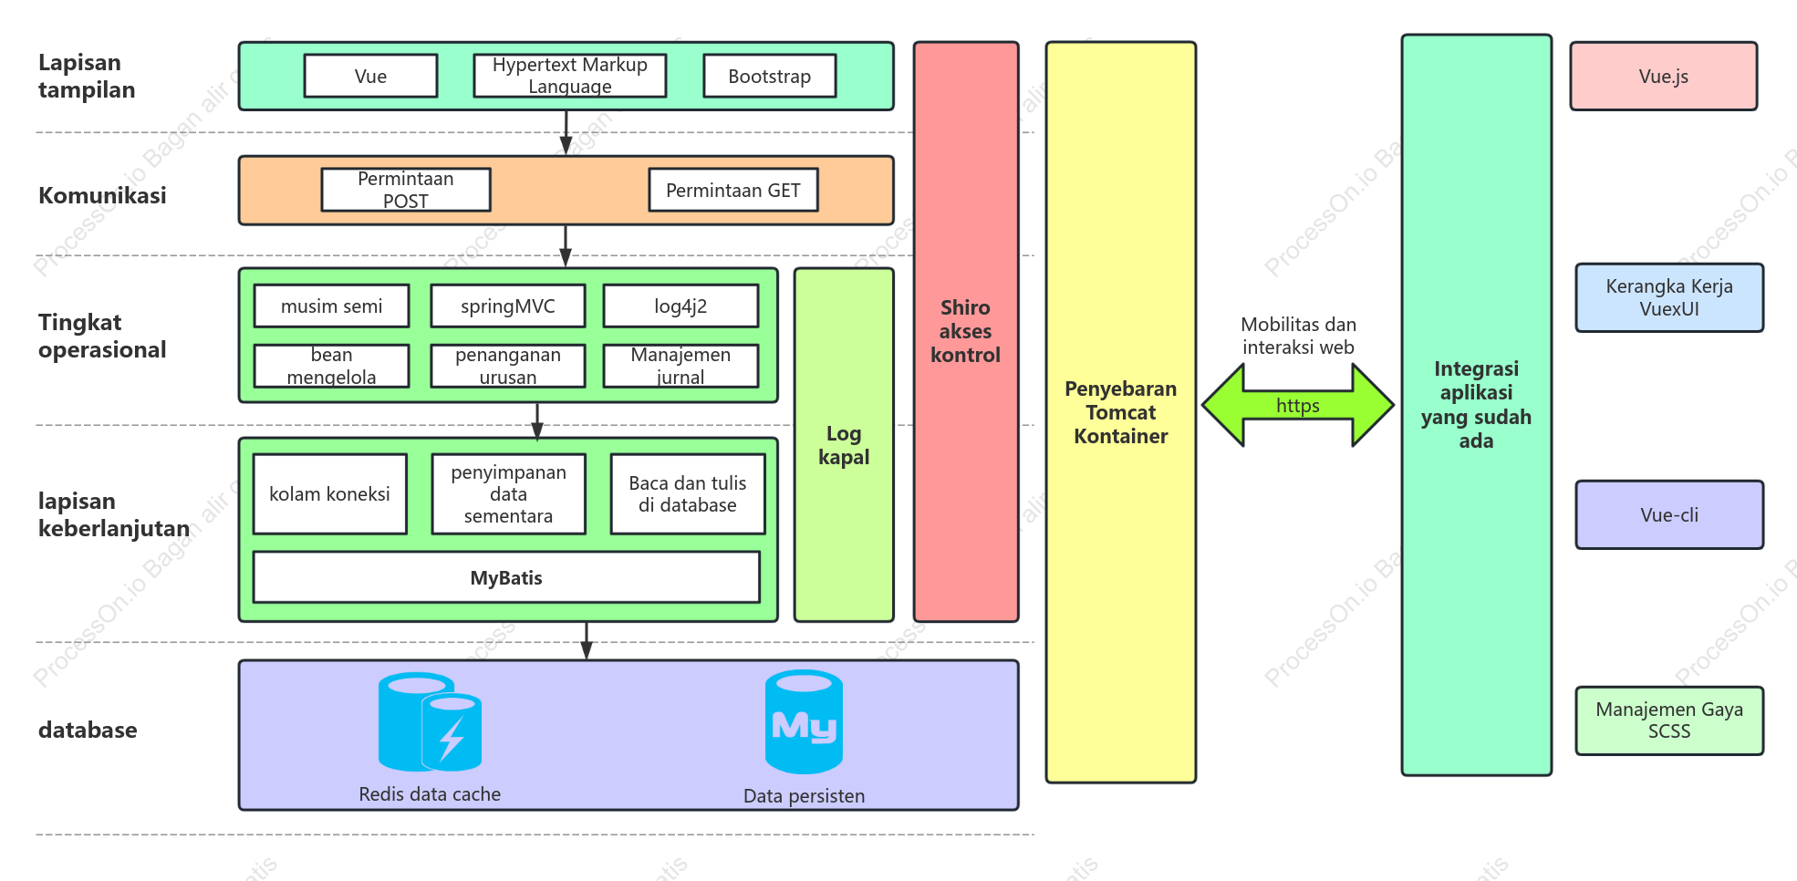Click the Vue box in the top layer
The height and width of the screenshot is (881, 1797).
point(370,76)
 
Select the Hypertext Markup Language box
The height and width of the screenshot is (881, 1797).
point(570,76)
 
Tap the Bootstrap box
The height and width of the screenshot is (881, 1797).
point(770,76)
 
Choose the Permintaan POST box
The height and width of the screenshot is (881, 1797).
point(406,190)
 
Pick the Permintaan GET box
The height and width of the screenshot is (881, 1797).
point(733,190)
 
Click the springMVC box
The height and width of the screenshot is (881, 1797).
point(508,306)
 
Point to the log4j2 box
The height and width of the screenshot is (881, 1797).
point(680,306)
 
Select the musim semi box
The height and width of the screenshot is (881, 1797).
point(331,306)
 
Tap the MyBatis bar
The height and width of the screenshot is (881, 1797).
point(506,577)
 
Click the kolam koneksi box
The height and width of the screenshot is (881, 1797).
point(329,493)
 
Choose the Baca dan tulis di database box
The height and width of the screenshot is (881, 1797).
point(688,493)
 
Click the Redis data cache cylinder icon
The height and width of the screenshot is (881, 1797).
point(430,721)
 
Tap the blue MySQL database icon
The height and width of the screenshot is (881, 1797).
point(804,721)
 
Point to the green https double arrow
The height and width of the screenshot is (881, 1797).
point(1298,405)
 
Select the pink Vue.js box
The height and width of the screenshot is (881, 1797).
point(1664,76)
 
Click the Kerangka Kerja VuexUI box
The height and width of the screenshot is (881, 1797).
point(1669,297)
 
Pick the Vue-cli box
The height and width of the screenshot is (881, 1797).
point(1669,514)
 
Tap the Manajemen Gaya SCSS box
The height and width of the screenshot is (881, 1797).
point(1669,720)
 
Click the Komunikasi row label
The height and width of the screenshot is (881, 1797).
point(102,195)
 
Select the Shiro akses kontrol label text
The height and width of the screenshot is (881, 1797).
point(965,331)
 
